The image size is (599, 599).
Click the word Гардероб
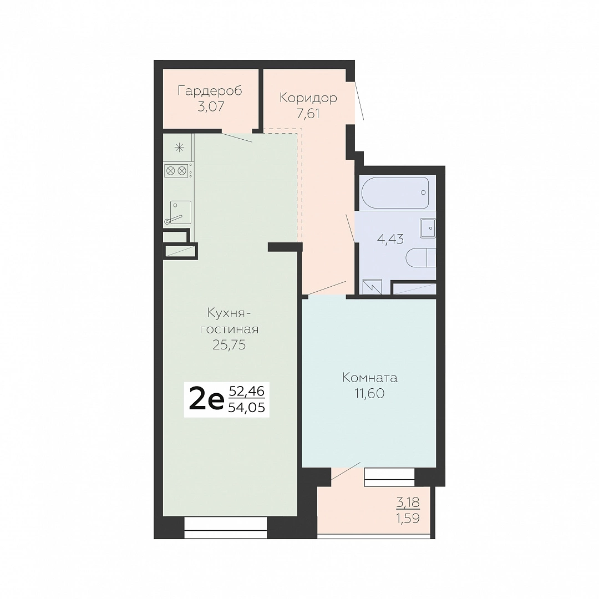(210, 92)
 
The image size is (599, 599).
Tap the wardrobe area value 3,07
(211, 106)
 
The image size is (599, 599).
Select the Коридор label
(308, 98)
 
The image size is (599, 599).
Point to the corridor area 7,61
(308, 114)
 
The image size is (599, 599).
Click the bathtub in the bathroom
(395, 192)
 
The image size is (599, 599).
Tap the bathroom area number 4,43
(390, 239)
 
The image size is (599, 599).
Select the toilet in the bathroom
(420, 258)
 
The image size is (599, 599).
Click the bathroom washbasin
(428, 228)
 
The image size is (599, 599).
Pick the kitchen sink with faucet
(179, 212)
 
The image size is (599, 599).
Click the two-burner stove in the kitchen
(177, 171)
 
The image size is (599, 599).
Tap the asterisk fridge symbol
(179, 148)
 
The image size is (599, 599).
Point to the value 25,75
(229, 346)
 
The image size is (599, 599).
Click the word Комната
(370, 378)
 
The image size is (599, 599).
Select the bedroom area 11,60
(370, 393)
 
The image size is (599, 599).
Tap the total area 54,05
(246, 408)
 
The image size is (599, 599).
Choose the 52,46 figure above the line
(246, 391)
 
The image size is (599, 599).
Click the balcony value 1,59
(408, 519)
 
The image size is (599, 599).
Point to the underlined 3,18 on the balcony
(408, 502)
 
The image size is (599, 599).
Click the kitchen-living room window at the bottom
(225, 528)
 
